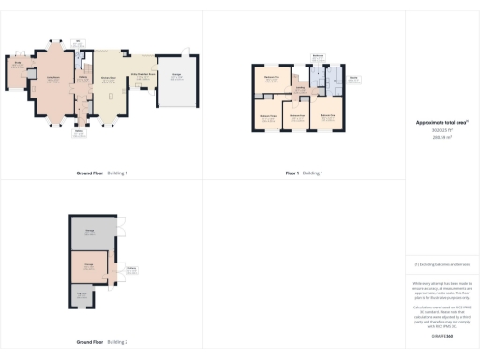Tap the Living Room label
pyautogui.click(x=54, y=78)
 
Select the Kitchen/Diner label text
pyautogui.click(x=109, y=78)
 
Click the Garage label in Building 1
pyautogui.click(x=175, y=75)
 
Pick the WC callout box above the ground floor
pyautogui.click(x=79, y=41)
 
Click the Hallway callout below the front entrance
pyautogui.click(x=79, y=131)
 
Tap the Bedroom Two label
pyautogui.click(x=273, y=77)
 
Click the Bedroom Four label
pyautogui.click(x=298, y=114)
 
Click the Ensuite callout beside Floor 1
pyautogui.click(x=353, y=77)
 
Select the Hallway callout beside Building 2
pyautogui.click(x=132, y=268)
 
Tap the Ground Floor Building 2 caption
pyautogui.click(x=102, y=342)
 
